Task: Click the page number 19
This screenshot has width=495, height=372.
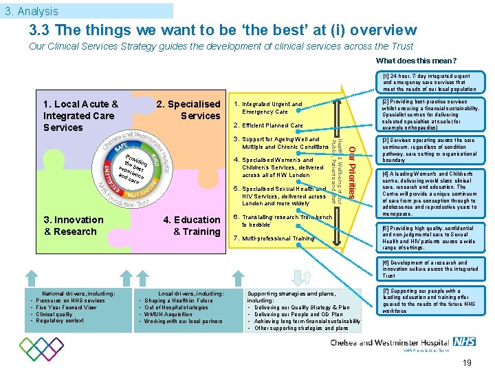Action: tap(467, 363)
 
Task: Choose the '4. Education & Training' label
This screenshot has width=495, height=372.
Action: tap(192, 225)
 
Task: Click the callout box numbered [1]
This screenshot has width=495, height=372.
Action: tap(429, 82)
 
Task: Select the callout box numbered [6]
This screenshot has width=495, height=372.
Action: tap(429, 269)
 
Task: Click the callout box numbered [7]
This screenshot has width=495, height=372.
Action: tap(429, 301)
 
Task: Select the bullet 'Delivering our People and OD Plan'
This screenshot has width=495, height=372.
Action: tap(298, 314)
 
